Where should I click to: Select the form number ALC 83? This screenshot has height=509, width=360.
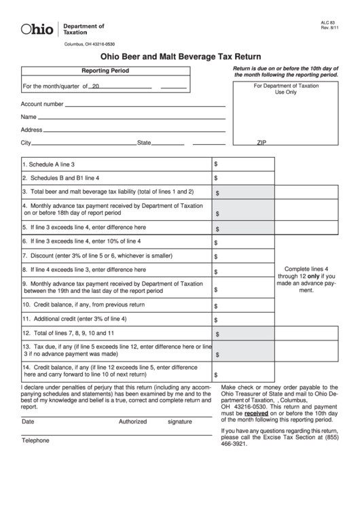(x=328, y=22)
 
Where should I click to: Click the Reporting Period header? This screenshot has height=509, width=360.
(x=105, y=71)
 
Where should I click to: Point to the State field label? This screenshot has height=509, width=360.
(x=144, y=143)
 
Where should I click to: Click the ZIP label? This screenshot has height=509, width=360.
(x=262, y=143)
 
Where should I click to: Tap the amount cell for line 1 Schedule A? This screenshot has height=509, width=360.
(x=243, y=164)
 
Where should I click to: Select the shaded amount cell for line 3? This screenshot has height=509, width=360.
(x=243, y=192)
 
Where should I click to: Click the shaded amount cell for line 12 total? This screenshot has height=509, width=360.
(x=243, y=334)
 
